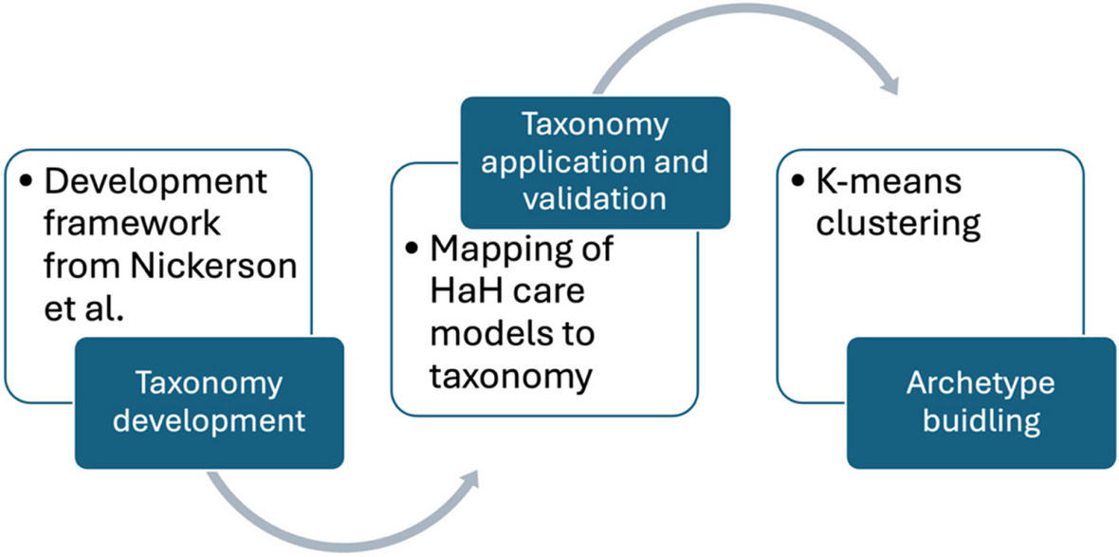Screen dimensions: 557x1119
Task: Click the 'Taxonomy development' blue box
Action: (x=209, y=402)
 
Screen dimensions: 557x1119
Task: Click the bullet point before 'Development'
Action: (x=27, y=183)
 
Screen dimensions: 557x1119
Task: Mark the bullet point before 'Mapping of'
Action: (x=412, y=251)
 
